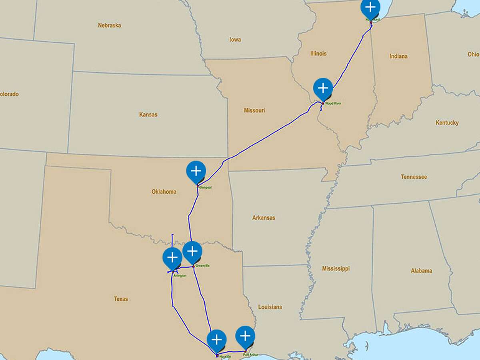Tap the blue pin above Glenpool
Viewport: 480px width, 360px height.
196,171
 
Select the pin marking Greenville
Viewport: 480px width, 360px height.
192,252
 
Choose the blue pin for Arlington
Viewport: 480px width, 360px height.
172,257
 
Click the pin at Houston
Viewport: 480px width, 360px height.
216,340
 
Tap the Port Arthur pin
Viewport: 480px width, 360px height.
245,336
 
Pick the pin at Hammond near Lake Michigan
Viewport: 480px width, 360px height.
370,8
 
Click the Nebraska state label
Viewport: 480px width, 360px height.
109,25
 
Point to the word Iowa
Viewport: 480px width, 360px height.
235,40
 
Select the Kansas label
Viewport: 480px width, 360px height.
148,114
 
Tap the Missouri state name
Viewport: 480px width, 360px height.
254,110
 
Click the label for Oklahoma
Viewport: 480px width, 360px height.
164,192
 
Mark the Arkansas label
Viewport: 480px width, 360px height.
264,218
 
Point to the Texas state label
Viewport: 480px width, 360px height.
121,299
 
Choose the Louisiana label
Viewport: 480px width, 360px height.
270,307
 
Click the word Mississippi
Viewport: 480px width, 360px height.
336,268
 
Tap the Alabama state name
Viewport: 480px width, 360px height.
421,271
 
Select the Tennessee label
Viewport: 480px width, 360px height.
414,177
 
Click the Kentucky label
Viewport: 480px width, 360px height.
447,123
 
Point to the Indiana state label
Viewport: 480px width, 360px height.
398,56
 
